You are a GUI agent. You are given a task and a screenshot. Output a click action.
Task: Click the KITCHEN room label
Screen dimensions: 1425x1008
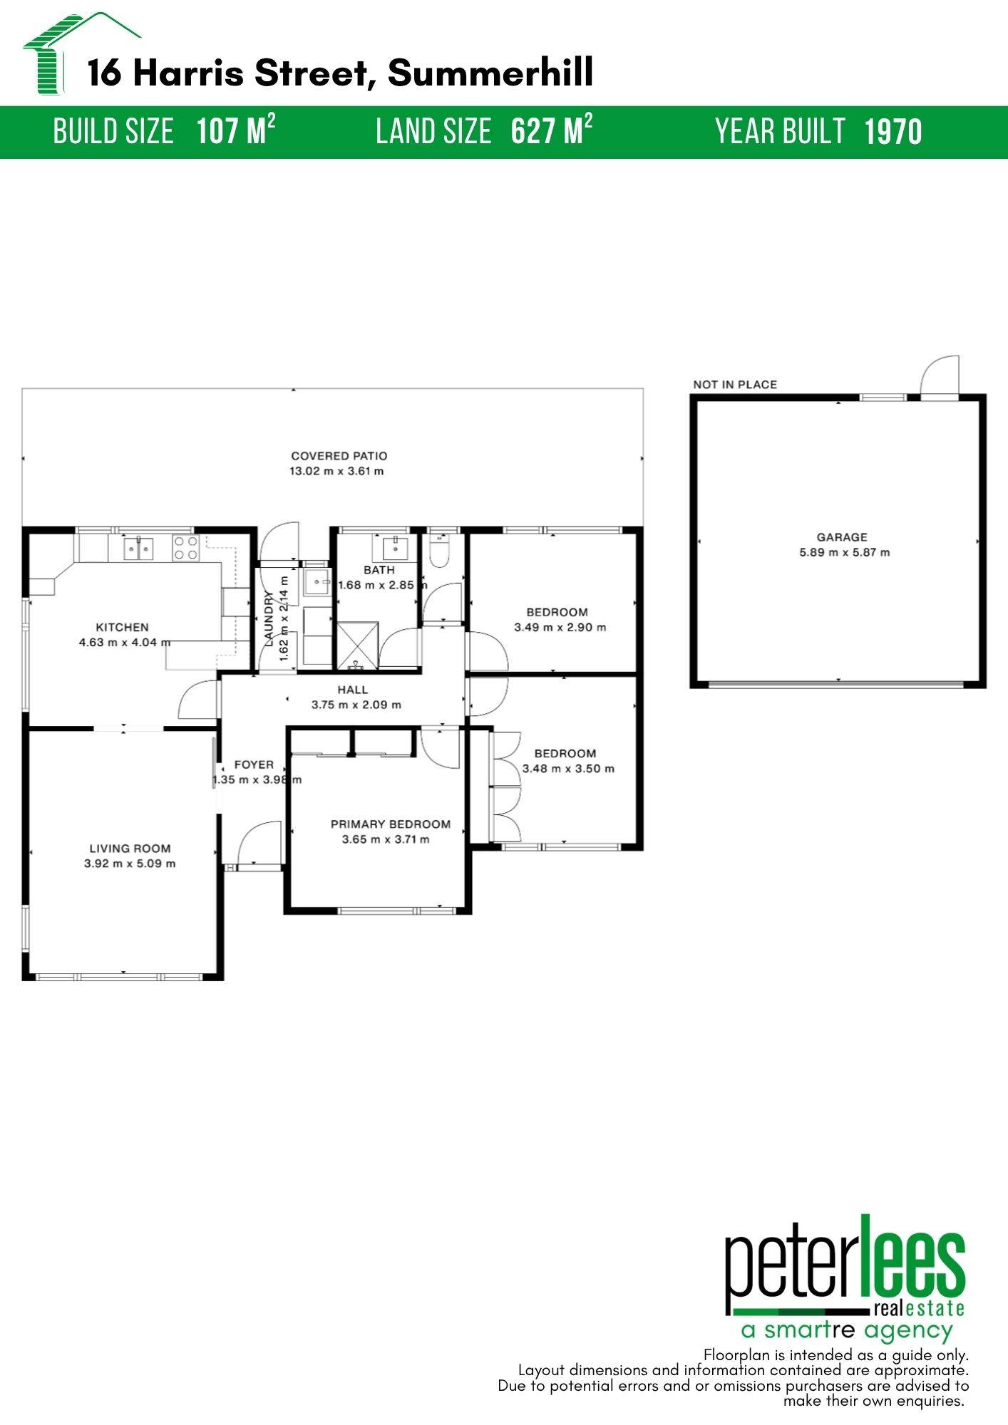(x=122, y=627)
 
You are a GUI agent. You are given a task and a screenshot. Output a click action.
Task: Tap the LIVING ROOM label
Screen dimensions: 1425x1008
(x=130, y=848)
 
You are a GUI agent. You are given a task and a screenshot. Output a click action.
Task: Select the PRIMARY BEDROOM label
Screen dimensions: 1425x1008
(x=390, y=824)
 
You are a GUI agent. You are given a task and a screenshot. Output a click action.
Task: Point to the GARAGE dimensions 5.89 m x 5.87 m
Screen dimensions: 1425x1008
(x=844, y=552)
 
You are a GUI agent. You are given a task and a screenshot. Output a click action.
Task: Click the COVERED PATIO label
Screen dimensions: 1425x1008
(x=339, y=455)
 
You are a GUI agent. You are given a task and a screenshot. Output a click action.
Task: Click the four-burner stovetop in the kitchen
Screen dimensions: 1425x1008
(x=185, y=548)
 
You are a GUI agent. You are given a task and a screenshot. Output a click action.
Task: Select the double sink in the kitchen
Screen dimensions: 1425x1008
(x=139, y=548)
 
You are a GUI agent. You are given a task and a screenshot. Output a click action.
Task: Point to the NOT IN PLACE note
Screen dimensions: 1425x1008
(x=735, y=385)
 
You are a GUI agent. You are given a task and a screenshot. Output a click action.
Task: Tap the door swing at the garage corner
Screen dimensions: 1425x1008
(x=940, y=376)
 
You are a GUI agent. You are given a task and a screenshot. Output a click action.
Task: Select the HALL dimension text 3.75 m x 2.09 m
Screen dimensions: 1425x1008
(x=356, y=705)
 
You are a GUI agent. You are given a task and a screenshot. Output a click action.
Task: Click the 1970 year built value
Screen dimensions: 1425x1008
(x=893, y=133)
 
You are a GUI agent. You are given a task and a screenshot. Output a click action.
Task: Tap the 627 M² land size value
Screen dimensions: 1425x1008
(x=551, y=131)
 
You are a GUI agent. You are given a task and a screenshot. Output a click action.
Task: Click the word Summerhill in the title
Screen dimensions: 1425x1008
(x=490, y=73)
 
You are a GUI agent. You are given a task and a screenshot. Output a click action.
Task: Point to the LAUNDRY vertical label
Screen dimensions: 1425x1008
(x=269, y=618)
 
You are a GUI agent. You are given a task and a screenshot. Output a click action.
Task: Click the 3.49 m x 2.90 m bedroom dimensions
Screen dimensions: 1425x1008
(x=560, y=627)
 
